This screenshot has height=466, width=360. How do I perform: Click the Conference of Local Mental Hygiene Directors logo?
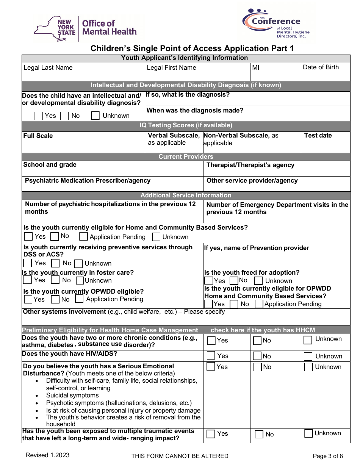tap(275, 23)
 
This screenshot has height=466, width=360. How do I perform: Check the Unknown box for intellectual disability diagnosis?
tap(95, 116)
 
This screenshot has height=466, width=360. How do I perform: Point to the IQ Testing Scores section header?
tap(186, 125)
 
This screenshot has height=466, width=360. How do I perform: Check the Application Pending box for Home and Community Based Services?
tap(84, 237)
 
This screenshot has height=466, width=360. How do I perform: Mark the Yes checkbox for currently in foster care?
tap(27, 280)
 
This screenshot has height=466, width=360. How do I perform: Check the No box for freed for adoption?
tap(234, 281)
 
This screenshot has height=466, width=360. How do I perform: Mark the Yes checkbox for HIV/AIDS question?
tap(211, 356)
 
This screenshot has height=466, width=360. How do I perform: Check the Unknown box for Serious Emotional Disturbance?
tap(308, 367)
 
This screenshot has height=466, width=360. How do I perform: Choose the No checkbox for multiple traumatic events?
tap(259, 434)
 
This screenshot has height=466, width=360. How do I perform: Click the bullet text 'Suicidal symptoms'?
tap(72, 396)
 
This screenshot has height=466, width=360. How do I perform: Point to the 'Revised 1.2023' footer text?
tap(47, 455)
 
